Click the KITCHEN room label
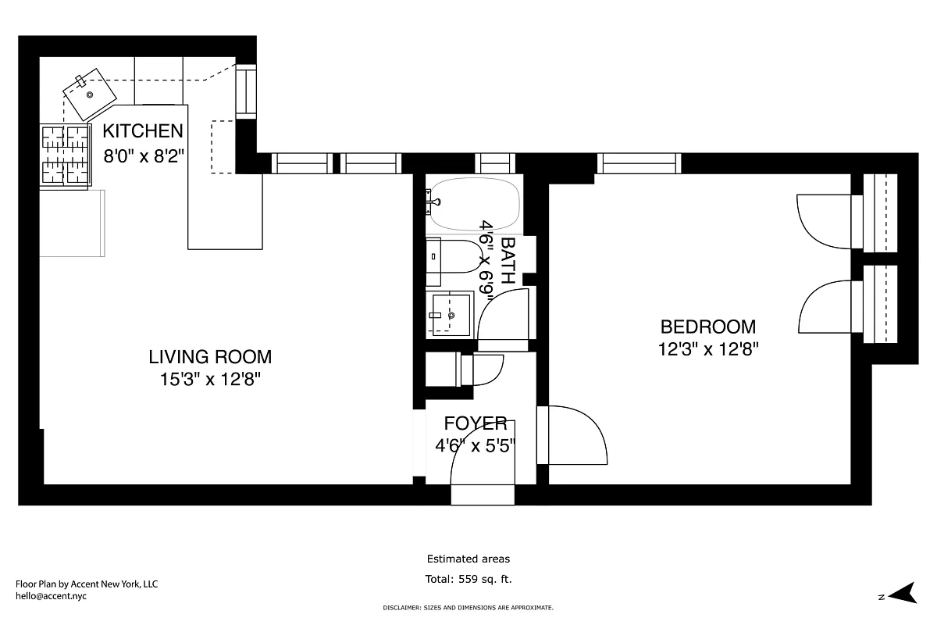(x=144, y=131)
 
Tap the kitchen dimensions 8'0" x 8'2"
(x=144, y=155)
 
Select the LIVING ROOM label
(x=210, y=357)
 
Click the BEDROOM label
(x=707, y=327)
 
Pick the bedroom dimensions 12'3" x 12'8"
(x=707, y=349)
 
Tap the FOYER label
(x=476, y=423)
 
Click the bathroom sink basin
(x=451, y=314)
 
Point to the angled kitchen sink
(x=89, y=94)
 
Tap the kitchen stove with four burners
(x=66, y=155)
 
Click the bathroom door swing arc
(x=504, y=316)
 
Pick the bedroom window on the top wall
(x=639, y=163)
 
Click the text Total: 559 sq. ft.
(x=468, y=579)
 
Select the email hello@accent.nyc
(x=52, y=596)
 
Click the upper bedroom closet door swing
(x=824, y=222)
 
